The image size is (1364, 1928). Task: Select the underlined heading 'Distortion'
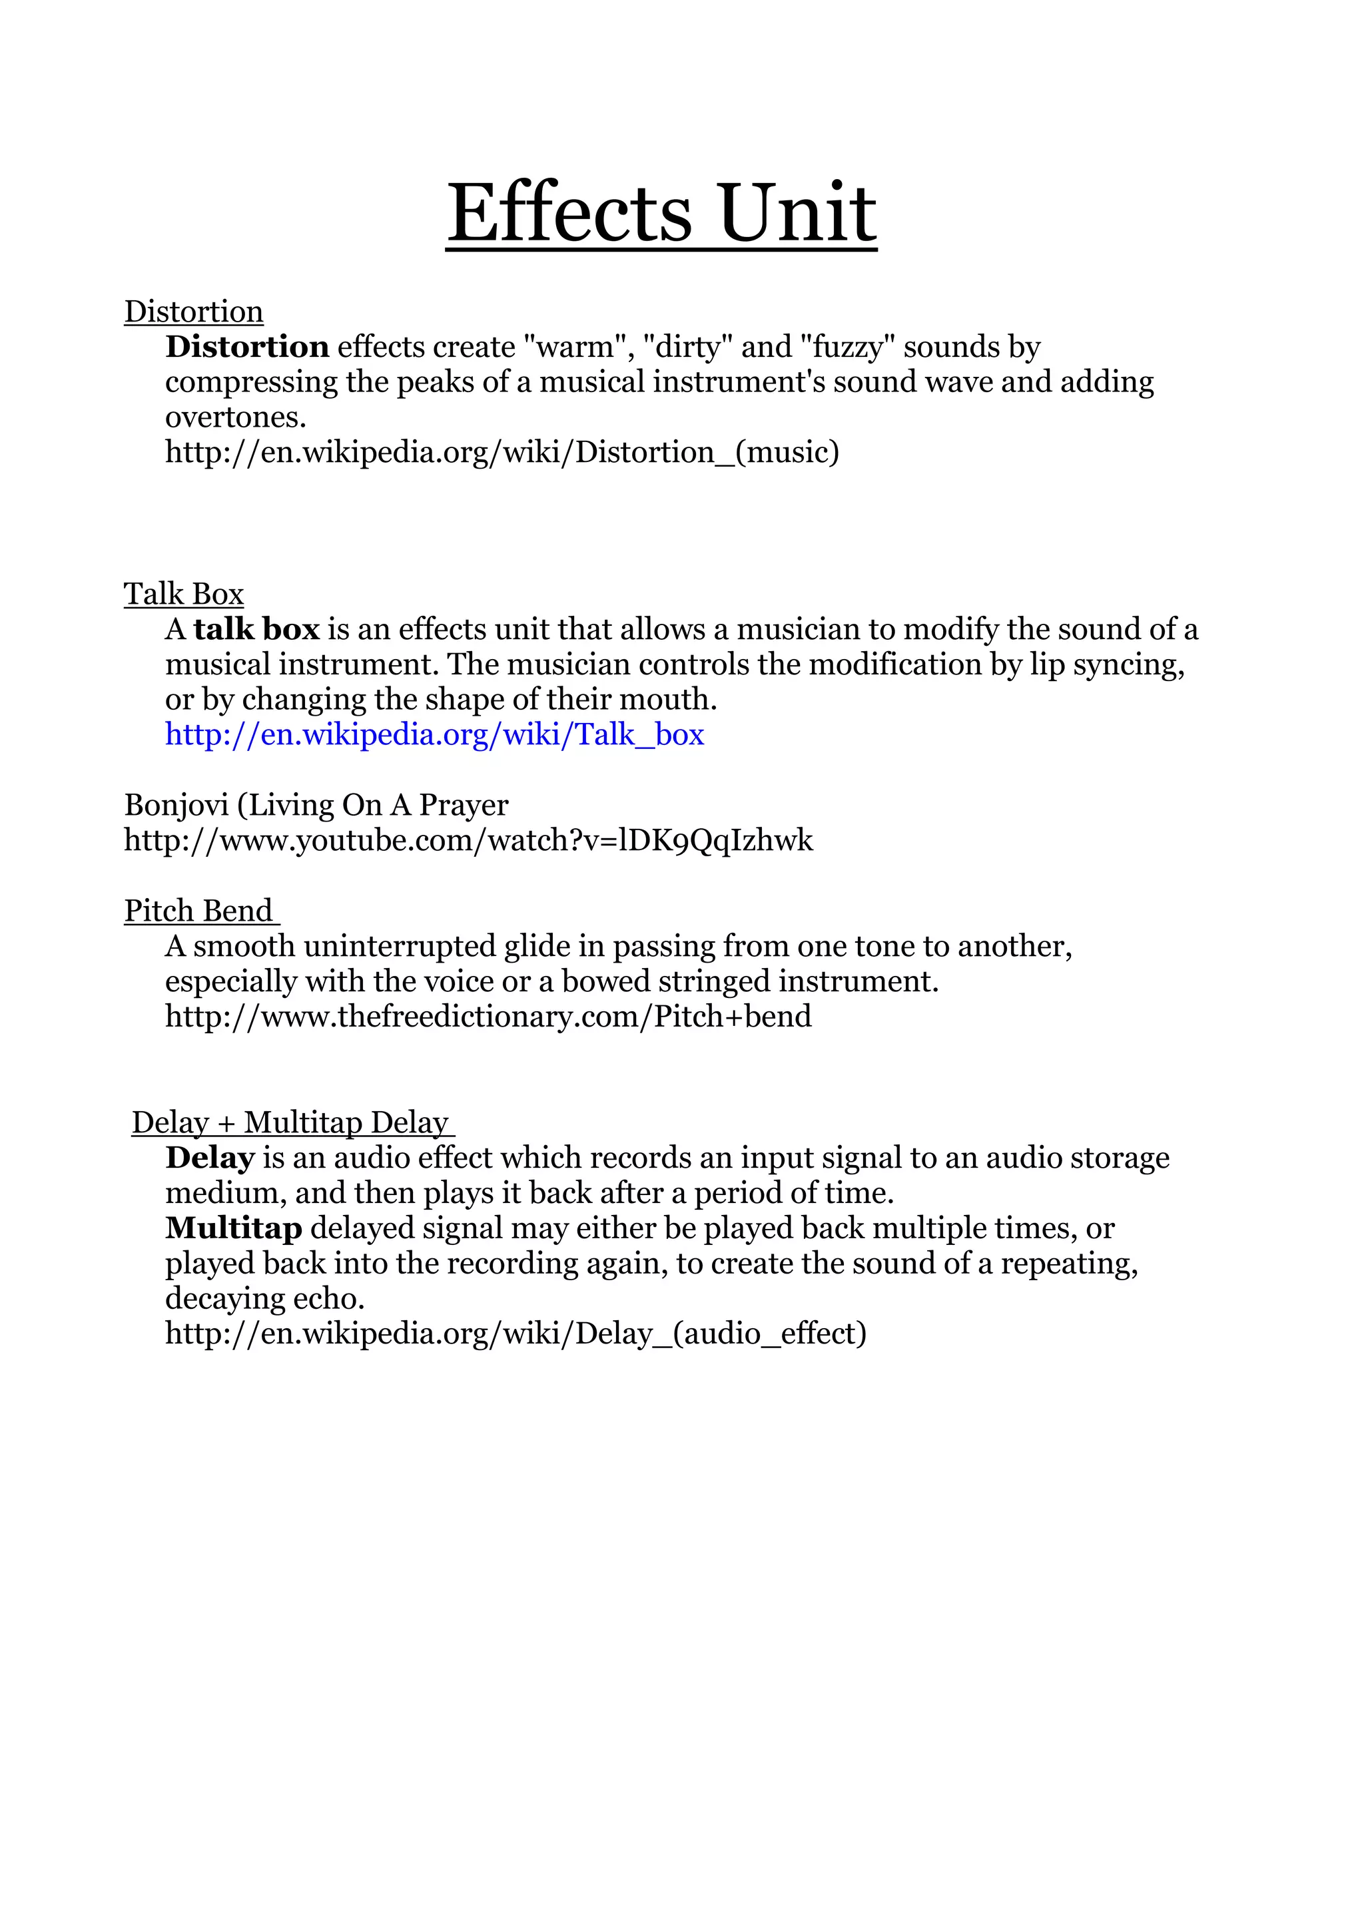pyautogui.click(x=193, y=312)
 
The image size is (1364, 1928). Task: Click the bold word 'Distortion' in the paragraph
pyautogui.click(x=247, y=347)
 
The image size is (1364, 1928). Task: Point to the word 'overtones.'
pyautogui.click(x=235, y=417)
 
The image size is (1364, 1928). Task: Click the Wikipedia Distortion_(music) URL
pyautogui.click(x=502, y=453)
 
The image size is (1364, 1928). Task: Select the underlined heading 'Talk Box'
pyautogui.click(x=184, y=594)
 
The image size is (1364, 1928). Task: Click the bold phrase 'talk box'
pyautogui.click(x=256, y=629)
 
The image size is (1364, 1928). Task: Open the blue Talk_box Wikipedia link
pyautogui.click(x=434, y=735)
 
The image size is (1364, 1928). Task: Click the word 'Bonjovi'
pyautogui.click(x=176, y=806)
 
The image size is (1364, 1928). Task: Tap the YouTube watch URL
pyautogui.click(x=469, y=841)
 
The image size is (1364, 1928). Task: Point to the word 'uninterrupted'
pyautogui.click(x=400, y=947)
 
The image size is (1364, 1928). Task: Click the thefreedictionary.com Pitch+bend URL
pyautogui.click(x=488, y=1017)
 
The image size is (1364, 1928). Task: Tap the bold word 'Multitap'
pyautogui.click(x=234, y=1228)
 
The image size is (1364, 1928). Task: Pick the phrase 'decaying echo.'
pyautogui.click(x=264, y=1299)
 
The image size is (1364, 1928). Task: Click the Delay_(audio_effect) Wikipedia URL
pyautogui.click(x=515, y=1334)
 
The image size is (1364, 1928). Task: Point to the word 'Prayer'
pyautogui.click(x=464, y=806)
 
